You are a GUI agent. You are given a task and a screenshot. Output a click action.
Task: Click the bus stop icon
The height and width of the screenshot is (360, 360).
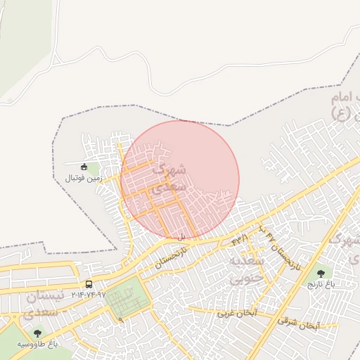(x=89, y=284)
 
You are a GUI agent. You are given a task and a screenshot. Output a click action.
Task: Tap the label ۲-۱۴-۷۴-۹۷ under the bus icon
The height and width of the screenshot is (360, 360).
(x=88, y=295)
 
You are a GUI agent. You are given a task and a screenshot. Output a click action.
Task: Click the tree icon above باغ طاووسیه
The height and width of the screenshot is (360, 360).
(x=37, y=333)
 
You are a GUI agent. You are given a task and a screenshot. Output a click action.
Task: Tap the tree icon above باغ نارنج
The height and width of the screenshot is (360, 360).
(x=321, y=274)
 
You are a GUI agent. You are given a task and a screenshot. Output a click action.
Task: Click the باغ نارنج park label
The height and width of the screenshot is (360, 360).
(x=321, y=284)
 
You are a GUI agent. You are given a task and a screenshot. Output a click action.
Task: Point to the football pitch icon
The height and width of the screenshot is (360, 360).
(x=84, y=167)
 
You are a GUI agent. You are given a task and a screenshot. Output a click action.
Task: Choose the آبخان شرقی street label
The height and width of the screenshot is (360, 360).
(x=298, y=323)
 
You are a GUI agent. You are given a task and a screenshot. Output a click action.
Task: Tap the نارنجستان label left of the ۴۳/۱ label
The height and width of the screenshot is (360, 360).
(x=173, y=256)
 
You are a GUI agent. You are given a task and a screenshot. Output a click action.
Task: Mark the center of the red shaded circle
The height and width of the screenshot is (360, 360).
(x=179, y=180)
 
